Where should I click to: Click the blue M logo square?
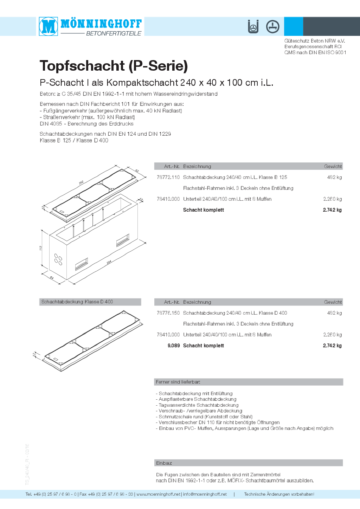48,26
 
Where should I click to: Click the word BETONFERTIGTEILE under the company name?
114,33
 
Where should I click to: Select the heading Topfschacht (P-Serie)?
114,66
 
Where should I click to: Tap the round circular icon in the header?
272,26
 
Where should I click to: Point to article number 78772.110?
168,177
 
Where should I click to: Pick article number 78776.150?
168,313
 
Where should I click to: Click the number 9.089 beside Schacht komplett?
174,346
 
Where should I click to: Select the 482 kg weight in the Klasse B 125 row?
334,177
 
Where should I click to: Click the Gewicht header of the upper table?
333,166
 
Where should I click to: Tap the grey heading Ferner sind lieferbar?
178,382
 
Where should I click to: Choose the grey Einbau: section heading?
164,463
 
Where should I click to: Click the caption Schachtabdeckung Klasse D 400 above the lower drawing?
77,302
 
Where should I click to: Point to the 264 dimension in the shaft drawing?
109,262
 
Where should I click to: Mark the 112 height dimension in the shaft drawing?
41,248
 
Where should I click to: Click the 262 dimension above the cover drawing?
81,183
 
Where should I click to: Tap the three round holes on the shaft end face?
58,260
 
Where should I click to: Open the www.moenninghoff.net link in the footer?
158,494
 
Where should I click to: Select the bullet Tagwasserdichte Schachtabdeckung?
198,405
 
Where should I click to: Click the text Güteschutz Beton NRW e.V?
315,41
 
